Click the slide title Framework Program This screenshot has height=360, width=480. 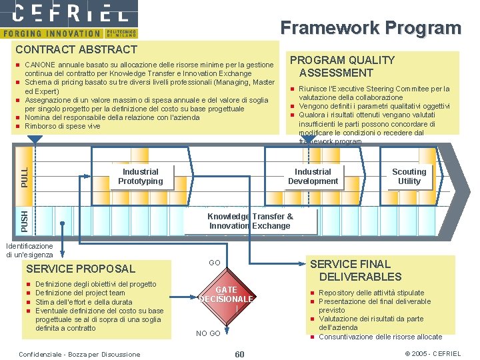pyautogui.click(x=370, y=28)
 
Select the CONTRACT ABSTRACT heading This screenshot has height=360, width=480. pyautogui.click(x=76, y=49)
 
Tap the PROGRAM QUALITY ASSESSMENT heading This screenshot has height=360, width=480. pyautogui.click(x=341, y=66)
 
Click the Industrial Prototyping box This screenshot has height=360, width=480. pyautogui.click(x=141, y=177)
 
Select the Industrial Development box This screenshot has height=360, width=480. pyautogui.click(x=313, y=177)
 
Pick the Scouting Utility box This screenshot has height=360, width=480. pyautogui.click(x=409, y=177)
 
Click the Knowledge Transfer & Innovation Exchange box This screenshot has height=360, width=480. pyautogui.click(x=250, y=221)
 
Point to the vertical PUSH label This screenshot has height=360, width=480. pyautogui.click(x=24, y=220)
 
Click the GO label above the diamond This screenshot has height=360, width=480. pyautogui.click(x=215, y=263)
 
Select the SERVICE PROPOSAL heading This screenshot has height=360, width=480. pyautogui.click(x=79, y=269)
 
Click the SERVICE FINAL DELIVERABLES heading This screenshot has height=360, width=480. pyautogui.click(x=360, y=270)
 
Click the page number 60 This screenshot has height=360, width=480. pyautogui.click(x=240, y=353)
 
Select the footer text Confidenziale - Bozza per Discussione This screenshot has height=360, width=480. pyautogui.click(x=81, y=354)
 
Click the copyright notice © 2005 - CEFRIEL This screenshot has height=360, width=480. pyautogui.click(x=433, y=353)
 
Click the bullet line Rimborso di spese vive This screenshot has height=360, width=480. pyautogui.click(x=62, y=126)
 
